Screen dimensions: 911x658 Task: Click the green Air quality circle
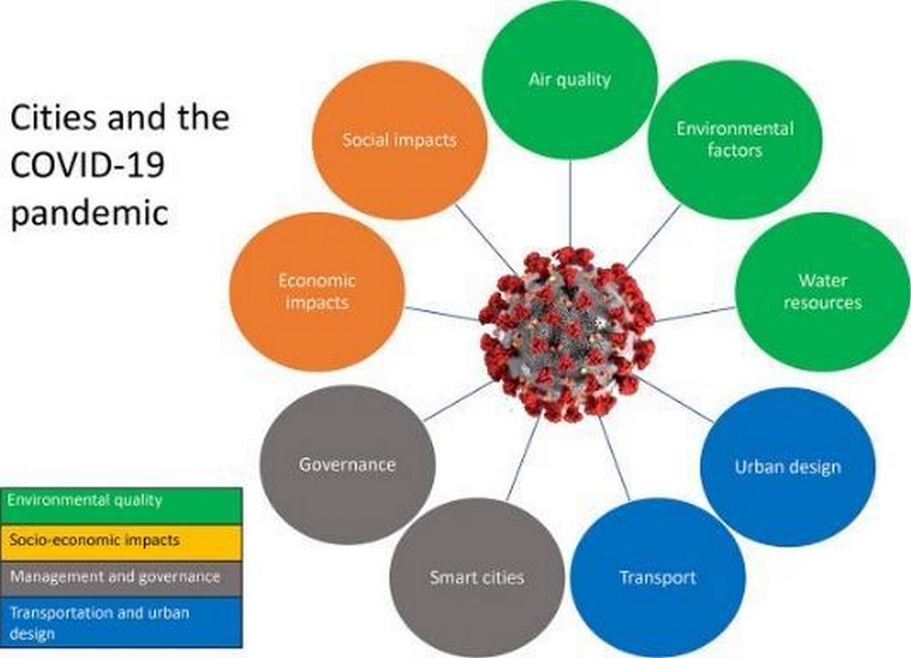point(570,80)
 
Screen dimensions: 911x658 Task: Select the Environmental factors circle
point(735,140)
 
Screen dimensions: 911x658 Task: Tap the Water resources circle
point(822,292)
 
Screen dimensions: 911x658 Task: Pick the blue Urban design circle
point(788,467)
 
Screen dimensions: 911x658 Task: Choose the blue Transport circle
point(658,578)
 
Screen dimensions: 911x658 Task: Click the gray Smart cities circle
point(477,578)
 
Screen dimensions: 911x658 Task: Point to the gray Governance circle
point(348,464)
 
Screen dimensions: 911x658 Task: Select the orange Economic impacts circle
point(317,292)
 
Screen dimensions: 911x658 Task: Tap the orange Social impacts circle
point(400,140)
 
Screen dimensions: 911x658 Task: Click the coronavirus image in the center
point(567,334)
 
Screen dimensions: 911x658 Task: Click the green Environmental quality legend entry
point(121,506)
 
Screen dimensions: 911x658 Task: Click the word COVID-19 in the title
point(87,164)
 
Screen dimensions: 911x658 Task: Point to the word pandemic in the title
point(89,213)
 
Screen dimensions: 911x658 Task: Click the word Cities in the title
point(51,118)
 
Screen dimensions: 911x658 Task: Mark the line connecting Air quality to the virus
point(570,203)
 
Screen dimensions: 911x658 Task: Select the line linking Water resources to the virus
point(695,314)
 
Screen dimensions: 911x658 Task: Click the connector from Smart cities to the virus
point(524,458)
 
